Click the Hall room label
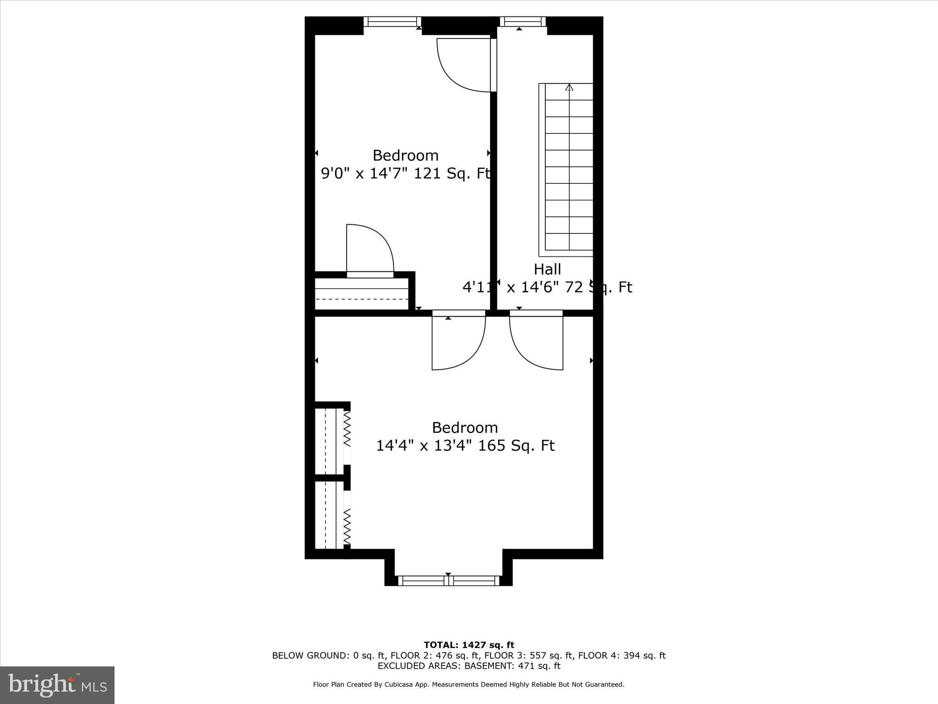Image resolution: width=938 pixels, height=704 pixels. click(x=547, y=269)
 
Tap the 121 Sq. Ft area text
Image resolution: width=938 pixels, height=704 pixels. click(x=453, y=174)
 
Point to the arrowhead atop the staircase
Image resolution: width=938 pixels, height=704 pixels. click(x=569, y=87)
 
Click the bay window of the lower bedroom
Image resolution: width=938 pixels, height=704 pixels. click(x=448, y=581)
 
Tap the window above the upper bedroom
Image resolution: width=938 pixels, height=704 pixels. click(x=393, y=22)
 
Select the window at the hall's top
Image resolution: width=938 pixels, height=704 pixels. click(x=523, y=22)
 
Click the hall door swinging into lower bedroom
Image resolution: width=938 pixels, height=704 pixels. click(x=536, y=341)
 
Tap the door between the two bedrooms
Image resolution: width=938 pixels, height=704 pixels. click(x=458, y=341)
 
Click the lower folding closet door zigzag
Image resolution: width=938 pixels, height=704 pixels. click(x=347, y=526)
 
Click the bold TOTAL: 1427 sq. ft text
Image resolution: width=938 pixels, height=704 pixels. click(x=469, y=645)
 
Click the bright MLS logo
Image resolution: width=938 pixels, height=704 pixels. click(x=57, y=685)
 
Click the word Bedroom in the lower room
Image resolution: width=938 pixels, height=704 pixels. click(x=465, y=428)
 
